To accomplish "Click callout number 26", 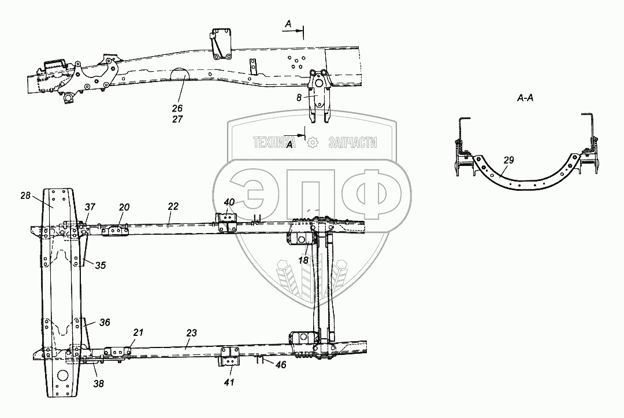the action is tap(177, 108).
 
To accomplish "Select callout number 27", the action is tap(177, 119).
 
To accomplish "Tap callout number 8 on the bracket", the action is tap(299, 98).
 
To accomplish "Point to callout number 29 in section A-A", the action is tap(508, 160).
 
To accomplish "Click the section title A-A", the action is tap(525, 98).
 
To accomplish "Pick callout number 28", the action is tap(25, 195).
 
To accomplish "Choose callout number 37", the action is tap(90, 206).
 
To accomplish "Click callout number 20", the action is tap(124, 207).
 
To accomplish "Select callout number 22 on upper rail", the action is tap(173, 206).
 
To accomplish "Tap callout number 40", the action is tap(229, 202).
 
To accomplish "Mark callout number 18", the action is tap(303, 260).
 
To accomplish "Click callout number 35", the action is tap(101, 265).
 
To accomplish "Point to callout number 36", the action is tap(105, 322).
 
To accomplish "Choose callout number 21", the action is tap(138, 332).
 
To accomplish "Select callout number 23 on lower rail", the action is tap(191, 333).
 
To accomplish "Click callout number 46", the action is tap(281, 364).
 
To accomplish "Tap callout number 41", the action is tap(229, 382).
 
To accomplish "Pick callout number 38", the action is tap(98, 383).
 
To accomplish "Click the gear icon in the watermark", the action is tap(313, 142).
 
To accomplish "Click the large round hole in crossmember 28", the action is tap(62, 375).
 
